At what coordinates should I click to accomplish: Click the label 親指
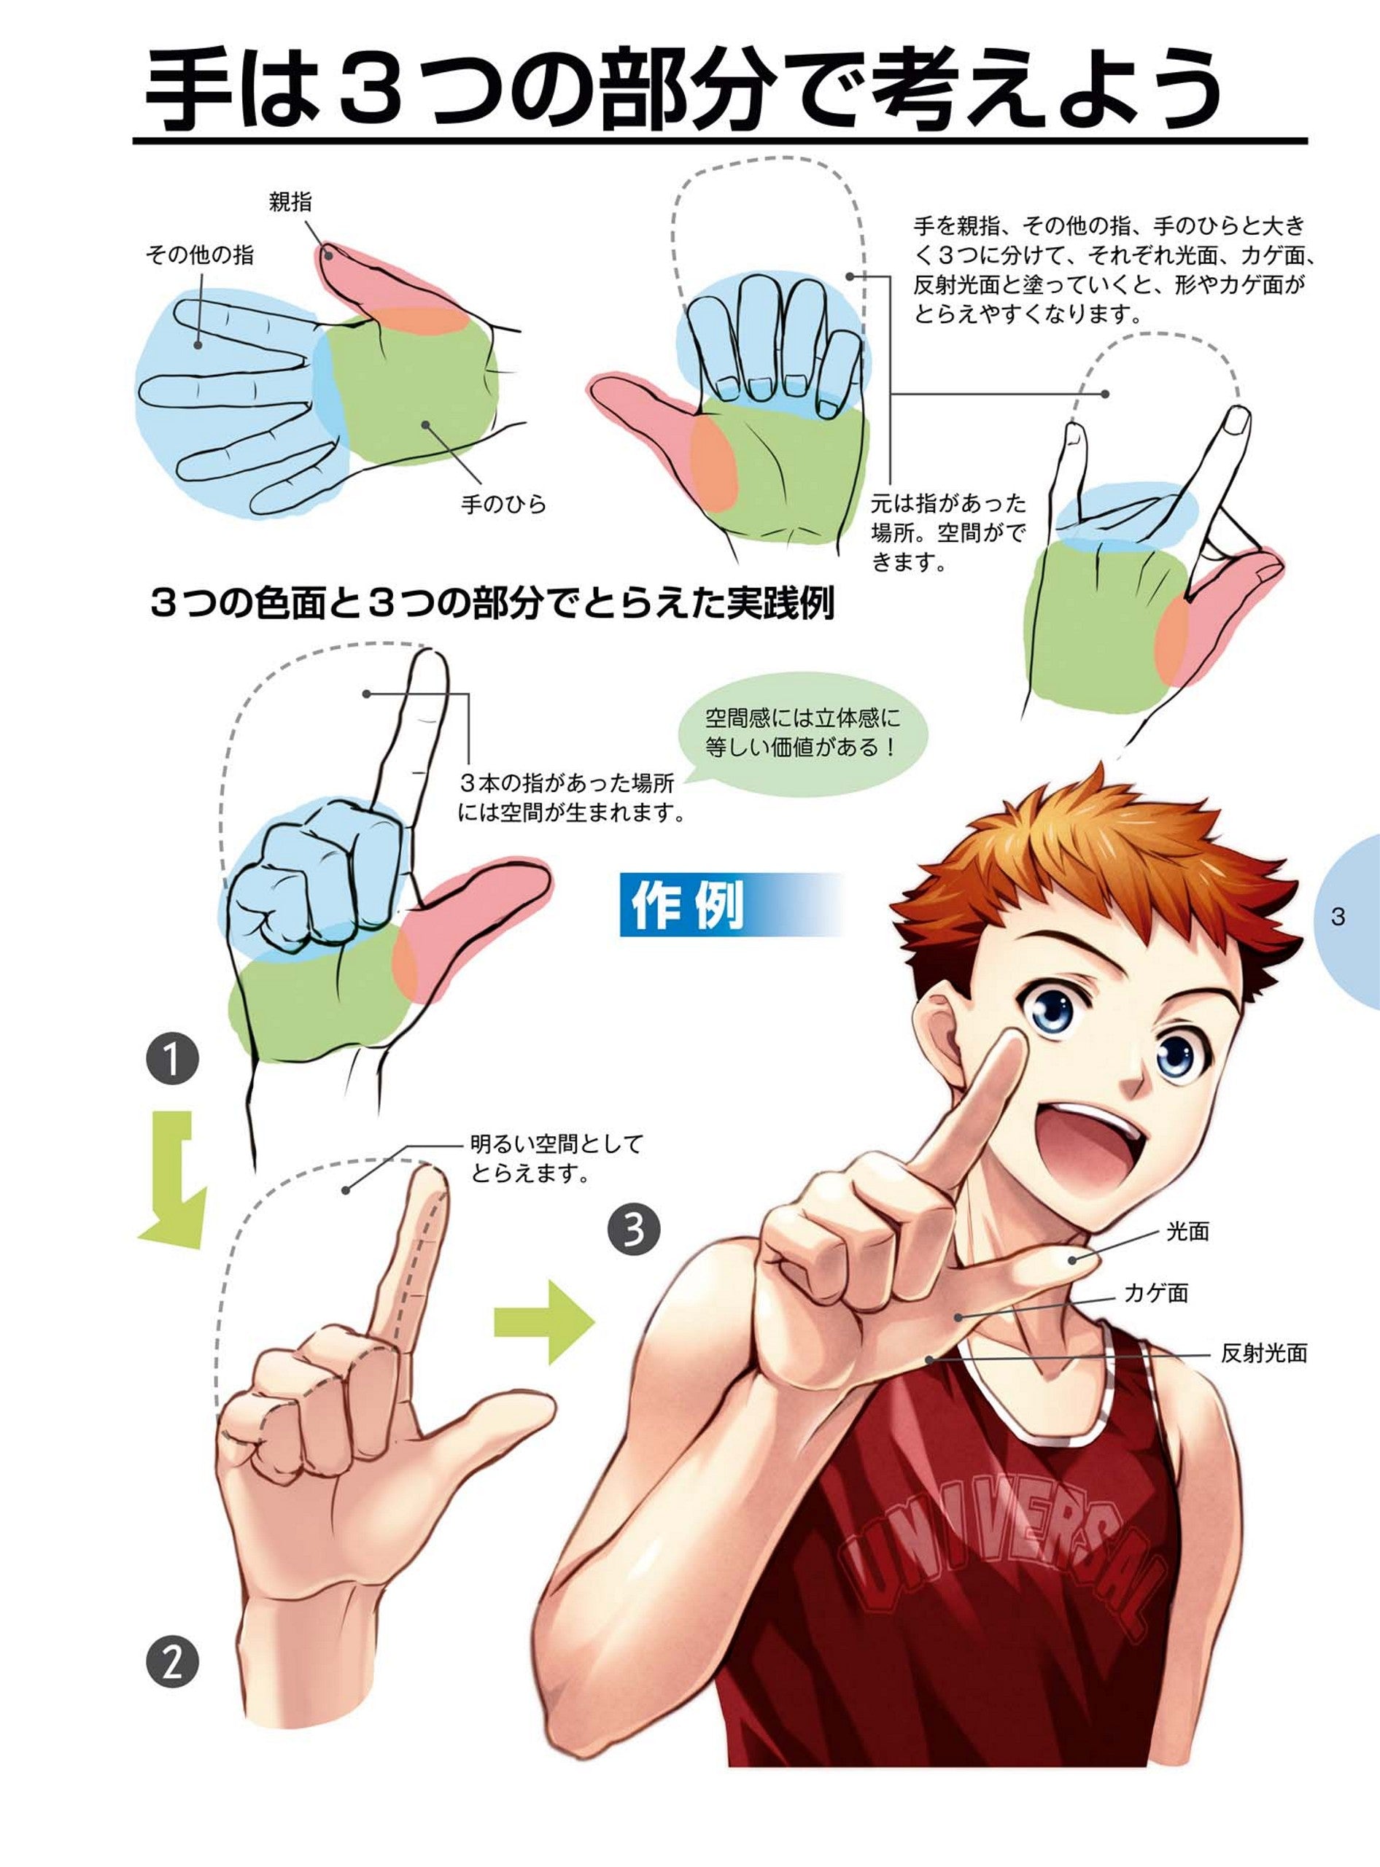[291, 202]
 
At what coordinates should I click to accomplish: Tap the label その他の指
[200, 255]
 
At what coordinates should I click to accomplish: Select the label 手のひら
[504, 504]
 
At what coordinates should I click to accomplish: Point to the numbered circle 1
[172, 1061]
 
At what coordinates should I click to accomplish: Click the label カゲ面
[1156, 1293]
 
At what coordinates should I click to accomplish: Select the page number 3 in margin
[1338, 917]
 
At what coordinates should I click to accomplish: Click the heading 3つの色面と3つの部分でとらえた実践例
[492, 604]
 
